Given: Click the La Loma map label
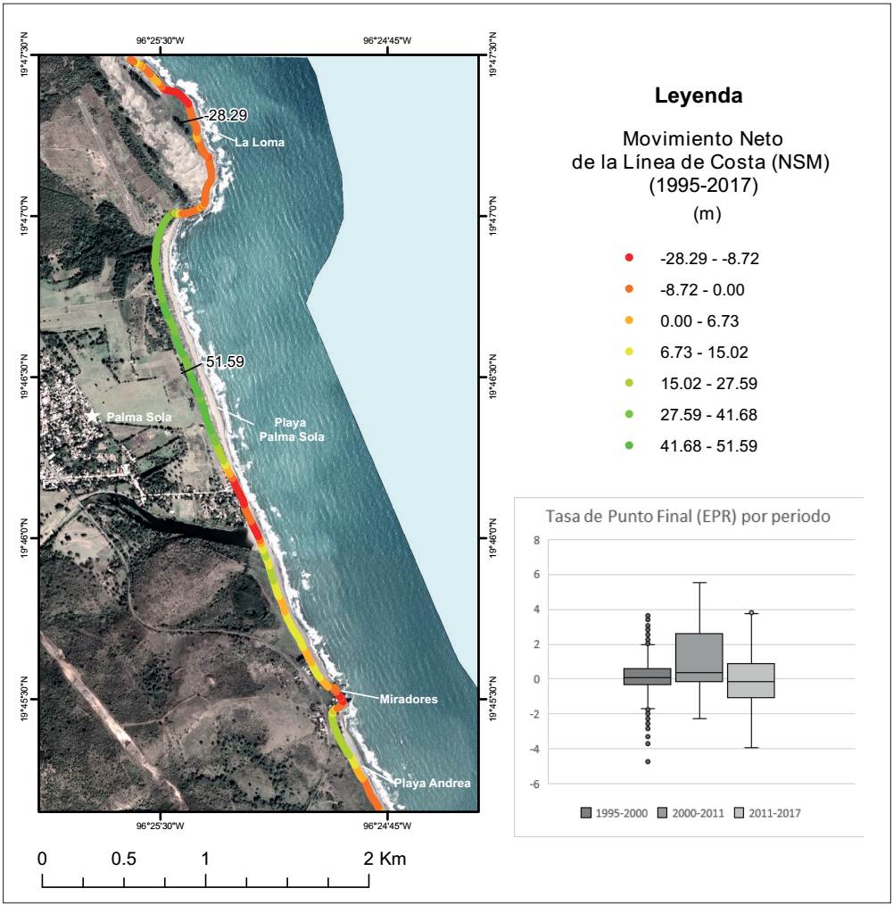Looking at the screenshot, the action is [x=259, y=142].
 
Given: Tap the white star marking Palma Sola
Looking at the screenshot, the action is [x=92, y=417].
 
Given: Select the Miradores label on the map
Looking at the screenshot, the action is [x=409, y=699].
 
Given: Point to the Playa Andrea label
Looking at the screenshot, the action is [x=432, y=783].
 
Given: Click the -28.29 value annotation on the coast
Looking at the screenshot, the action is [x=225, y=115].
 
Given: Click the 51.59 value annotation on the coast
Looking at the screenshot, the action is [x=225, y=362].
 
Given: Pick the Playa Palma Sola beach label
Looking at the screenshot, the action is [x=292, y=430].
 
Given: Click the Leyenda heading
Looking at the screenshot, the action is [x=699, y=95].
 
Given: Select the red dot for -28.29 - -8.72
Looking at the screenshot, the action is [x=629, y=259].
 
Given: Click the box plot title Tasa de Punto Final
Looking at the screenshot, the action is [x=687, y=517].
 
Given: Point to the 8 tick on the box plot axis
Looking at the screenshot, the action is [x=536, y=540].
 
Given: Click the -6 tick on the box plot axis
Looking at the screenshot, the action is [x=534, y=784].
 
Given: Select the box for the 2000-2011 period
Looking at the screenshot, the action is [x=699, y=657].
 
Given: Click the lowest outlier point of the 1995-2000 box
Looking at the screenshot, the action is [x=648, y=761].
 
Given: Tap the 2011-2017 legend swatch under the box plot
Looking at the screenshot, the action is [x=740, y=813].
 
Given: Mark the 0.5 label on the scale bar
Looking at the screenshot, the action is [x=124, y=859].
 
